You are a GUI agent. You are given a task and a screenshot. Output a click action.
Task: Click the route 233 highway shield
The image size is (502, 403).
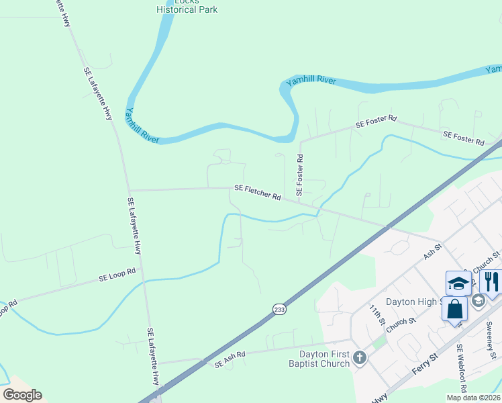[x=280, y=308]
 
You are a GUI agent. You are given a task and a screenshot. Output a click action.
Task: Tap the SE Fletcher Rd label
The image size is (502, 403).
[x=258, y=193]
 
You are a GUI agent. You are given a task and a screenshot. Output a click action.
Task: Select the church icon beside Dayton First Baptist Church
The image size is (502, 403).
[x=360, y=357]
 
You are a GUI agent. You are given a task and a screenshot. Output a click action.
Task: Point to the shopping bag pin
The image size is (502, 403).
[x=455, y=310]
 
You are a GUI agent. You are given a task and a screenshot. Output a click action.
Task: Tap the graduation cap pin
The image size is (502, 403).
[x=458, y=283]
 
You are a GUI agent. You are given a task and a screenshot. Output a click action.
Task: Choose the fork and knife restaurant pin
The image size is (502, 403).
[x=492, y=282]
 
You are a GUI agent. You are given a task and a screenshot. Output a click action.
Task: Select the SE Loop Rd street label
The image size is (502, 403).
[x=117, y=275]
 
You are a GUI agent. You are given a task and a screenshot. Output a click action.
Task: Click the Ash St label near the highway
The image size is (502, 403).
[x=432, y=253]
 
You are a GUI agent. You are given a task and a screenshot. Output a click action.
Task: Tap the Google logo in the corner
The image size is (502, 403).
[x=23, y=394]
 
